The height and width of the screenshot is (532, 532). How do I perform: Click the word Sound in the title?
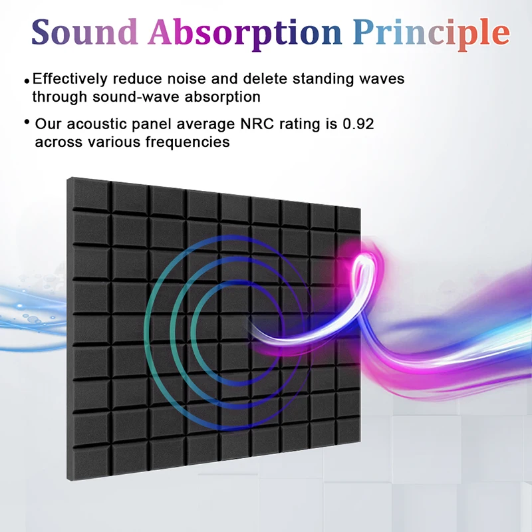coord(84,32)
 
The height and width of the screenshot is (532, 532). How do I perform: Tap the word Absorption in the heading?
coord(245,35)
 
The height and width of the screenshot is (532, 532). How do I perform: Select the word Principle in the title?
coord(431,35)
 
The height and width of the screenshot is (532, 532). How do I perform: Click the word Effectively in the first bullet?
coord(70,78)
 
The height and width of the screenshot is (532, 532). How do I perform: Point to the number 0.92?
coord(358,124)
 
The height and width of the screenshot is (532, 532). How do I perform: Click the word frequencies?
coord(188,142)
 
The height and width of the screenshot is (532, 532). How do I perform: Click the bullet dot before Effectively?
coord(27,80)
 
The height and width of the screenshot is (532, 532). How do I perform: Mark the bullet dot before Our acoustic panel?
coord(27,122)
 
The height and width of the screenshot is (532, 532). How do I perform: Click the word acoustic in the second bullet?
coord(96,124)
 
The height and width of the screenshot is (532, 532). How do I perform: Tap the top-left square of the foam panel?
coord(90,194)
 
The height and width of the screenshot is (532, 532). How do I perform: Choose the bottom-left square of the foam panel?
coord(91,461)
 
